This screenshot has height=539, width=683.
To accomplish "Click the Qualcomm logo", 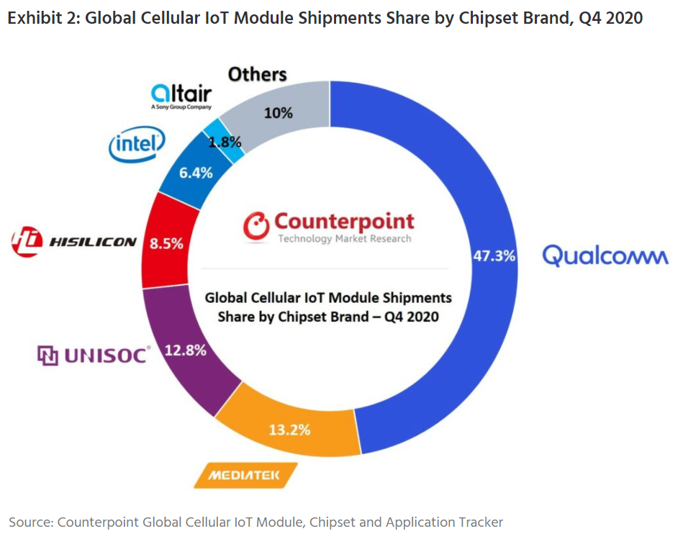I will (x=605, y=255).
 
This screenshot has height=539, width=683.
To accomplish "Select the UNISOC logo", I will (x=94, y=355).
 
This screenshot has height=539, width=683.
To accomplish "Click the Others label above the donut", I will (x=257, y=74).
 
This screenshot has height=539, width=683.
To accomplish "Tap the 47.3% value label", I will (x=494, y=256).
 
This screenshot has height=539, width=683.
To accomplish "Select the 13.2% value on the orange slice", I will (x=289, y=430).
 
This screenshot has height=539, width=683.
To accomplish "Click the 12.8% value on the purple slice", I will (x=186, y=351).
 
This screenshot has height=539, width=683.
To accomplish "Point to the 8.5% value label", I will (x=166, y=243).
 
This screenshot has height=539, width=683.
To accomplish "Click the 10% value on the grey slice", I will (x=279, y=113).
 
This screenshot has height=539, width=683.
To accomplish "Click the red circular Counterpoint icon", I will (x=255, y=225).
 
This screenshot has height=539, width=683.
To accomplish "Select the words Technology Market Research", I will (x=345, y=239).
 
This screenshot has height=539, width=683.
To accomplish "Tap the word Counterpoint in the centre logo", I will (x=344, y=220).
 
